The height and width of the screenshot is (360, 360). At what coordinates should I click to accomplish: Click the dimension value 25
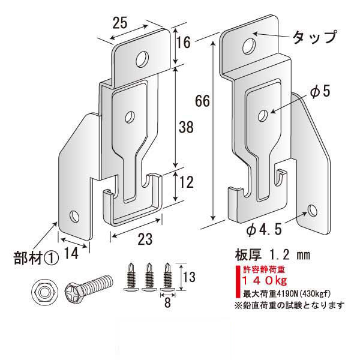pos(119,23)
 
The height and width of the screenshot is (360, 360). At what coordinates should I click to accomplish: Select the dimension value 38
pos(186,127)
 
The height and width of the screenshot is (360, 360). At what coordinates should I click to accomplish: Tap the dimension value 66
pos(202,101)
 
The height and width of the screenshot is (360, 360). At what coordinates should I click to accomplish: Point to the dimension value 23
pos(145,239)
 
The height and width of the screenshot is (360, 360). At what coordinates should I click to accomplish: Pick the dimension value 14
pos(71,253)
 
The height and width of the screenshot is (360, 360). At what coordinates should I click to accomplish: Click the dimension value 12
pos(186,182)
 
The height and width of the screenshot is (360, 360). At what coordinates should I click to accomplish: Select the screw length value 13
pos(189,277)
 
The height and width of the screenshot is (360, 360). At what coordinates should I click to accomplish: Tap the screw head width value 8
pos(167,302)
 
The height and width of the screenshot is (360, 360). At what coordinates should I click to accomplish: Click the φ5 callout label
pos(320,91)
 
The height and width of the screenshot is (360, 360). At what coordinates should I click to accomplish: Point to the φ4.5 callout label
pos(264,229)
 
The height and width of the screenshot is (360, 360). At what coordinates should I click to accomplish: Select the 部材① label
pos(37,258)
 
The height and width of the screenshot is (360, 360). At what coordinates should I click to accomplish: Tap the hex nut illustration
pos(44,292)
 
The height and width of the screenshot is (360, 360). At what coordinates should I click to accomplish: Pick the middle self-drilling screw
pos(149,277)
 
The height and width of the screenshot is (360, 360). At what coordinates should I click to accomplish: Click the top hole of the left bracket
pos(142,59)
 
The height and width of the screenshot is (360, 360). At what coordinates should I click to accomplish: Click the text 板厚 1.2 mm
pos(272,255)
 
